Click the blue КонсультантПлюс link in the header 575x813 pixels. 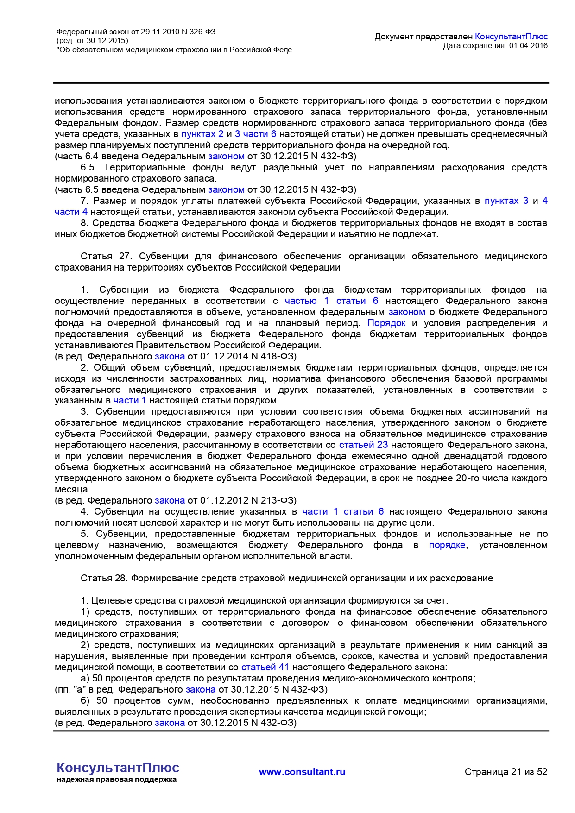pos(511,37)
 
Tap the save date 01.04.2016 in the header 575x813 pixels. pos(528,46)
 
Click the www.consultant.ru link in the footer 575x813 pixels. pos(302,772)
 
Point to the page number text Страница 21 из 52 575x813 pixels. pos(506,772)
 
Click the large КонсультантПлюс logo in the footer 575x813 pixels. pos(118,768)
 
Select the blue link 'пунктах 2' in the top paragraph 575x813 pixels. pos(202,134)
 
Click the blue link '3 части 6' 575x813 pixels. pos(255,134)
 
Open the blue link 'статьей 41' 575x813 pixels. pos(265,668)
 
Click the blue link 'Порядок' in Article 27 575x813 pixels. pos(386,323)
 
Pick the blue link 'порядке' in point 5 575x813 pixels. pos(447,545)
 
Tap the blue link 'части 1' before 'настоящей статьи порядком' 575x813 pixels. pos(129,401)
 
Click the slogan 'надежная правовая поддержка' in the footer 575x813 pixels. pos(116,780)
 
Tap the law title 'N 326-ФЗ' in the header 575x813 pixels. pos(198,32)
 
